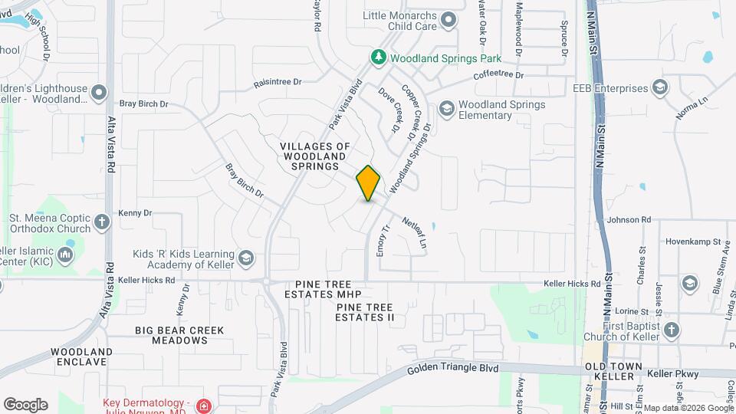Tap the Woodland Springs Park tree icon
pyautogui.click(x=377, y=58)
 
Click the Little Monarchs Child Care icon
pyautogui.click(x=449, y=20)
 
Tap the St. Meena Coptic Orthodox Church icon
pyautogui.click(x=102, y=223)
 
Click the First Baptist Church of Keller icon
pyautogui.click(x=672, y=330)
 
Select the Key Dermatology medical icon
pyautogui.click(x=203, y=406)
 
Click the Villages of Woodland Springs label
pyautogui.click(x=314, y=156)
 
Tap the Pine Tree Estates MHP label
pyautogui.click(x=322, y=288)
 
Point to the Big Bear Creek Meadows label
pyautogui.click(x=179, y=336)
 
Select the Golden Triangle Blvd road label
pyautogui.click(x=453, y=369)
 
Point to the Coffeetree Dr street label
pyautogui.click(x=498, y=75)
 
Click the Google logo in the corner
pyautogui.click(x=25, y=404)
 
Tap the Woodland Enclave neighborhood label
pyautogui.click(x=82, y=356)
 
